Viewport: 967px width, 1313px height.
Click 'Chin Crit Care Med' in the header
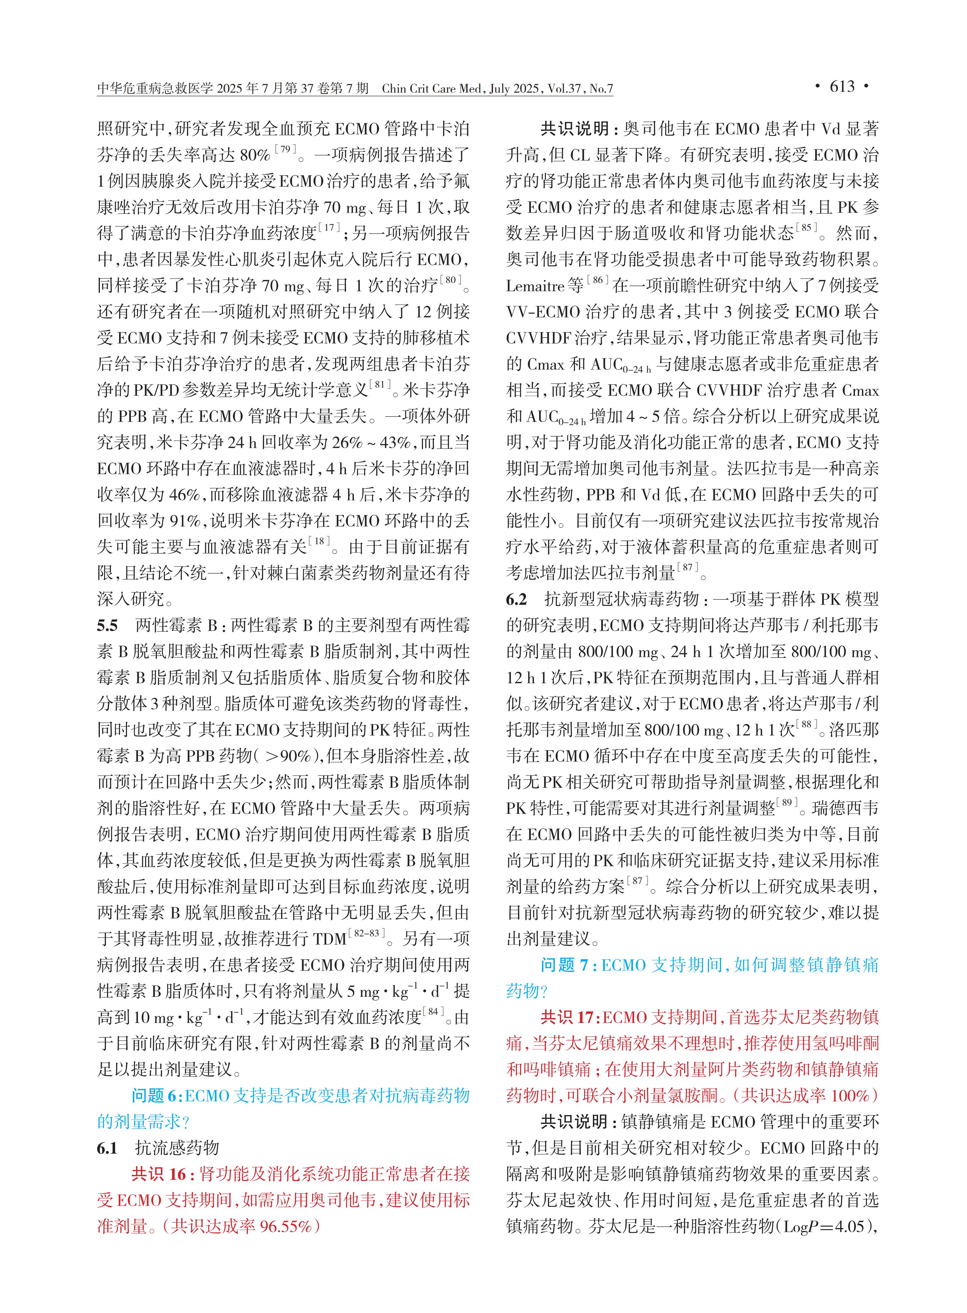(x=431, y=89)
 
